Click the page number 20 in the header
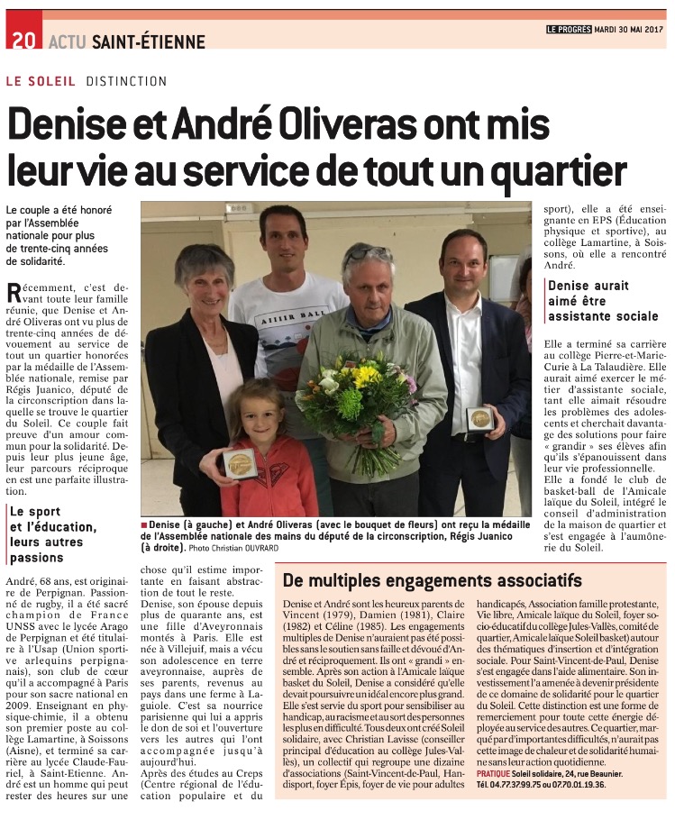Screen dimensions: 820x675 coord(23,41)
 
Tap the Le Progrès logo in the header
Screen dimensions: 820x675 coord(567,29)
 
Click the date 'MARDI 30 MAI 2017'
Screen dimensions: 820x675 coord(630,29)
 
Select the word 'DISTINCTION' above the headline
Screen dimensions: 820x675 coord(127,81)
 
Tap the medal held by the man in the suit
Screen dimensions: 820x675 coord(479,420)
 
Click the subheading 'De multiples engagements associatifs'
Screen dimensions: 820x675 coord(432,579)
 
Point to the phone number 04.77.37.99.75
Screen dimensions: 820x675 coord(508,785)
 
